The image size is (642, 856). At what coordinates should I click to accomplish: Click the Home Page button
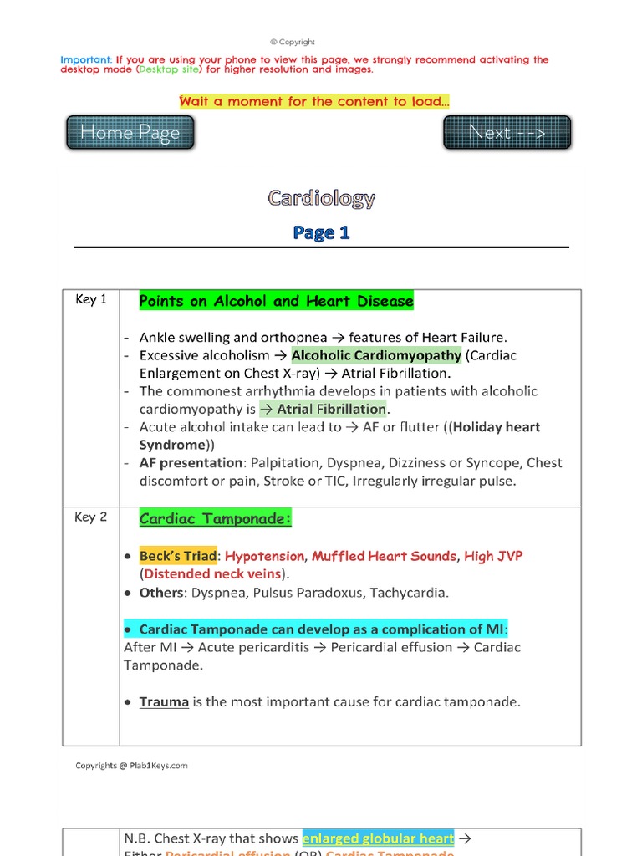(x=130, y=133)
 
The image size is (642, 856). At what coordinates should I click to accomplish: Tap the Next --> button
(x=507, y=133)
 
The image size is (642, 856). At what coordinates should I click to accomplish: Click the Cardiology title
(x=321, y=198)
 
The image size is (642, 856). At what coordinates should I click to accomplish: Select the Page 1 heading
(x=321, y=233)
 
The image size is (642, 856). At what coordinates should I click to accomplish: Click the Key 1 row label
(x=91, y=299)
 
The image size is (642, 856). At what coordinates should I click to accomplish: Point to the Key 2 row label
(x=91, y=517)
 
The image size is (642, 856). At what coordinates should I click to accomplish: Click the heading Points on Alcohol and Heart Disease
(x=276, y=301)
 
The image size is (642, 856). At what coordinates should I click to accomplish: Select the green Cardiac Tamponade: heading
(x=215, y=519)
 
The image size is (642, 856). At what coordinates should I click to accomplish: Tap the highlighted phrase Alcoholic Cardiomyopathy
(x=376, y=355)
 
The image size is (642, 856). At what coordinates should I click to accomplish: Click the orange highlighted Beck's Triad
(x=178, y=556)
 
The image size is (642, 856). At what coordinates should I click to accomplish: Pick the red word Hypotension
(x=265, y=556)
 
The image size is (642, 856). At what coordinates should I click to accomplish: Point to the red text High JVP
(x=493, y=556)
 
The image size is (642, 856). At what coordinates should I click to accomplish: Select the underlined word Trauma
(x=164, y=701)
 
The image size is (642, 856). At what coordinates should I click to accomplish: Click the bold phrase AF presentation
(x=190, y=463)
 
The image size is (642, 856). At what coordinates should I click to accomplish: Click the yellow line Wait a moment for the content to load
(x=314, y=102)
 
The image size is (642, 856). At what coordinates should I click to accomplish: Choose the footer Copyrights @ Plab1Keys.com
(x=131, y=765)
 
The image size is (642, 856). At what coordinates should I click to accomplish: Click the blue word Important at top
(x=86, y=60)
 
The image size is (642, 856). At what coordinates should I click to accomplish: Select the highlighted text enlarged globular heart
(x=378, y=838)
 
